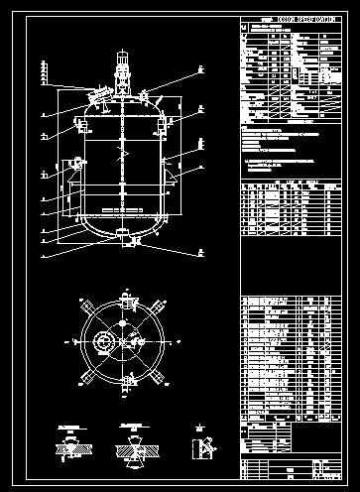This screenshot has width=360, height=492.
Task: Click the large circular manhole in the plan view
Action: click(x=103, y=341)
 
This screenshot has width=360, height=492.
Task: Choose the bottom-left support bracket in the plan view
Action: click(x=86, y=377)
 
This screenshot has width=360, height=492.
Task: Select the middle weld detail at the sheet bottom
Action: click(x=135, y=445)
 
